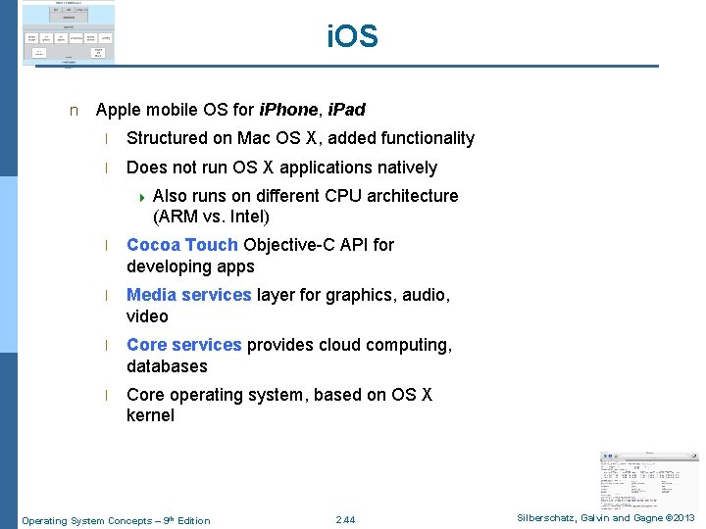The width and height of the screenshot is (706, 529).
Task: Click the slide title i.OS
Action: tap(352, 37)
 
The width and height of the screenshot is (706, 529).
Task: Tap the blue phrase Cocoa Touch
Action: tap(182, 245)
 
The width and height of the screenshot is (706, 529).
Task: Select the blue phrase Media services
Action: tap(189, 295)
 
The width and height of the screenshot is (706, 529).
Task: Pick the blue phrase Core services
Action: tap(183, 345)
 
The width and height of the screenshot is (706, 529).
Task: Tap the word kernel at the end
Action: tap(150, 415)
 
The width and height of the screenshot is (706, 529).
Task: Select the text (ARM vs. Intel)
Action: tap(211, 216)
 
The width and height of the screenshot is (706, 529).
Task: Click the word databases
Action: tap(167, 366)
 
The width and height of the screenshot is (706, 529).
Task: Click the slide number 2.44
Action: tap(345, 519)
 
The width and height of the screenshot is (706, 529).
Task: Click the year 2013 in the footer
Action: tap(682, 518)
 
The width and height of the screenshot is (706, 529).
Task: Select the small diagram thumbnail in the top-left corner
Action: tap(68, 33)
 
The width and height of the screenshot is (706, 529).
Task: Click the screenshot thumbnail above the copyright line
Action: tap(649, 477)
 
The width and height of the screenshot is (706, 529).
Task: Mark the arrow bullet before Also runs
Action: tap(142, 197)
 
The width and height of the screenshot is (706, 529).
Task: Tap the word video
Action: tap(147, 316)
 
